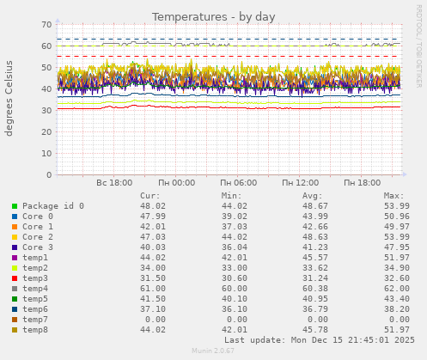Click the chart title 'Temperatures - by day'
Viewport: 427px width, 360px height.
coord(213,16)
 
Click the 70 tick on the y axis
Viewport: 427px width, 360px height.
coord(46,24)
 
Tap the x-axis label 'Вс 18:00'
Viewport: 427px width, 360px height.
coord(114,183)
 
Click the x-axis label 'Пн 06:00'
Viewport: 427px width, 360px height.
coord(238,183)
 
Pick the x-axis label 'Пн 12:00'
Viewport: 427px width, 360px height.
coord(300,183)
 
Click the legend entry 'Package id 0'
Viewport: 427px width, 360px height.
coord(53,206)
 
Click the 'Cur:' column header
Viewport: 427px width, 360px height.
coord(149,196)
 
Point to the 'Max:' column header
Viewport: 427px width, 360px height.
coord(393,196)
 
